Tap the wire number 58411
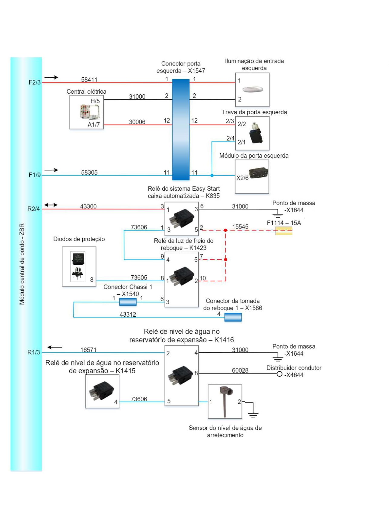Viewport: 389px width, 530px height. click(89, 80)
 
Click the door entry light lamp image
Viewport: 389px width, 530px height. click(253, 89)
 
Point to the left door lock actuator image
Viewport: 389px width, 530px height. click(256, 133)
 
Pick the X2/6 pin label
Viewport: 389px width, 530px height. click(242, 178)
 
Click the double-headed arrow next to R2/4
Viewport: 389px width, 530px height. click(51, 205)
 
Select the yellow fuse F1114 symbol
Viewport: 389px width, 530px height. click(284, 231)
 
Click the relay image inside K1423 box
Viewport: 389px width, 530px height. click(182, 276)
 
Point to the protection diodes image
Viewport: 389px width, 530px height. click(78, 266)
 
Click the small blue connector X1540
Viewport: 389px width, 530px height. click(128, 302)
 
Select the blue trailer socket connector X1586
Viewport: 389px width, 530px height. click(233, 317)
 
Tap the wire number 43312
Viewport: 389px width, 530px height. click(128, 315)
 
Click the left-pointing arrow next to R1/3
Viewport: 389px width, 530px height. click(55, 347)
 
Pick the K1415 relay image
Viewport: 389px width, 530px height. click(101, 391)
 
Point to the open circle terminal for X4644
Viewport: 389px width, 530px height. click(279, 374)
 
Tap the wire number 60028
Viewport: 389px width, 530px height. click(240, 370)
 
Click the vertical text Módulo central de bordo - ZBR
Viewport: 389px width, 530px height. click(22, 264)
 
